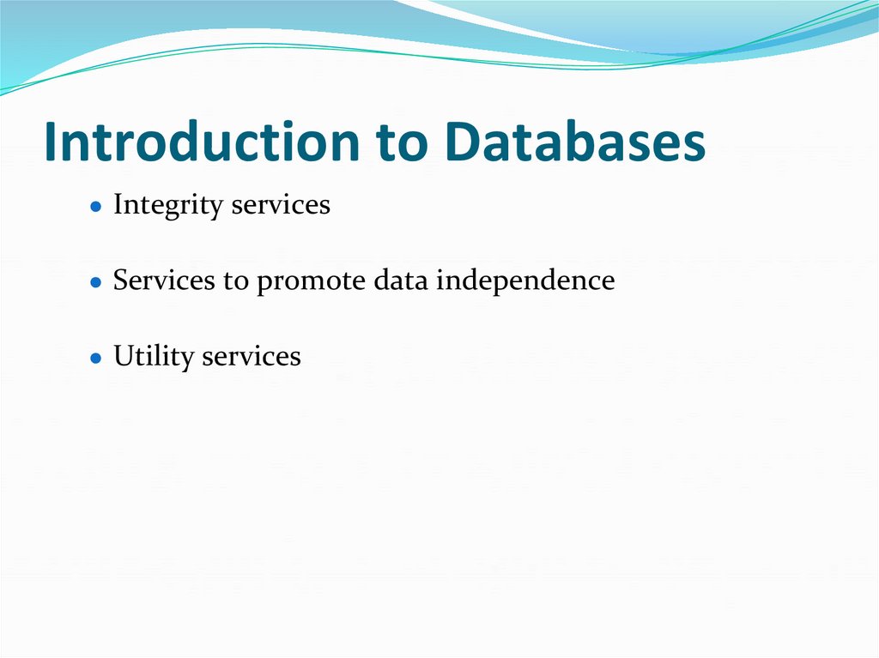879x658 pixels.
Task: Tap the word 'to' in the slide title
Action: [x=402, y=144]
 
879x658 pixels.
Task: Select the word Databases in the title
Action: [x=576, y=142]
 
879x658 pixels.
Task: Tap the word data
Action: [x=401, y=281]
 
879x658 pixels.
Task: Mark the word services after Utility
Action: [x=252, y=356]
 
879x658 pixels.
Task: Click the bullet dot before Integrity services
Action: [x=97, y=207]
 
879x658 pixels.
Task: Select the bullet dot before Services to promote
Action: [x=97, y=282]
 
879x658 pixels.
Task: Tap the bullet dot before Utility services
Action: [x=97, y=358]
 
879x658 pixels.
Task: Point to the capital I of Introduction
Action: [x=51, y=142]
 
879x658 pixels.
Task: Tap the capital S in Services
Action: [x=121, y=281]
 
